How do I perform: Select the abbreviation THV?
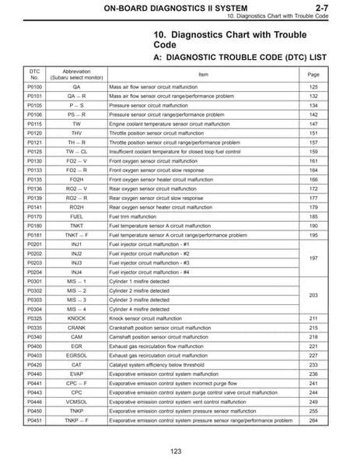[x=75, y=132]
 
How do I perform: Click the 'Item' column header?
[x=204, y=73]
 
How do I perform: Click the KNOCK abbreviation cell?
[x=75, y=318]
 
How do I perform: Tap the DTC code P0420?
[x=34, y=363]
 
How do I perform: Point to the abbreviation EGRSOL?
[x=75, y=354]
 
